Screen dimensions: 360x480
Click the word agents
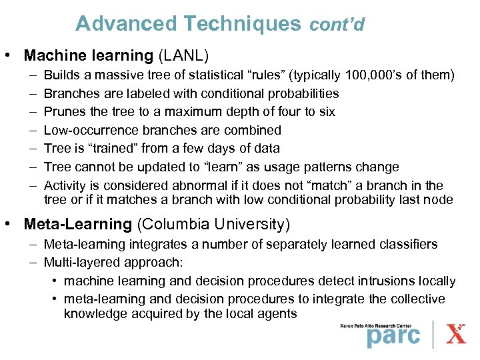point(279,313)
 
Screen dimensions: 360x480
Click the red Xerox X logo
point(456,333)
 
